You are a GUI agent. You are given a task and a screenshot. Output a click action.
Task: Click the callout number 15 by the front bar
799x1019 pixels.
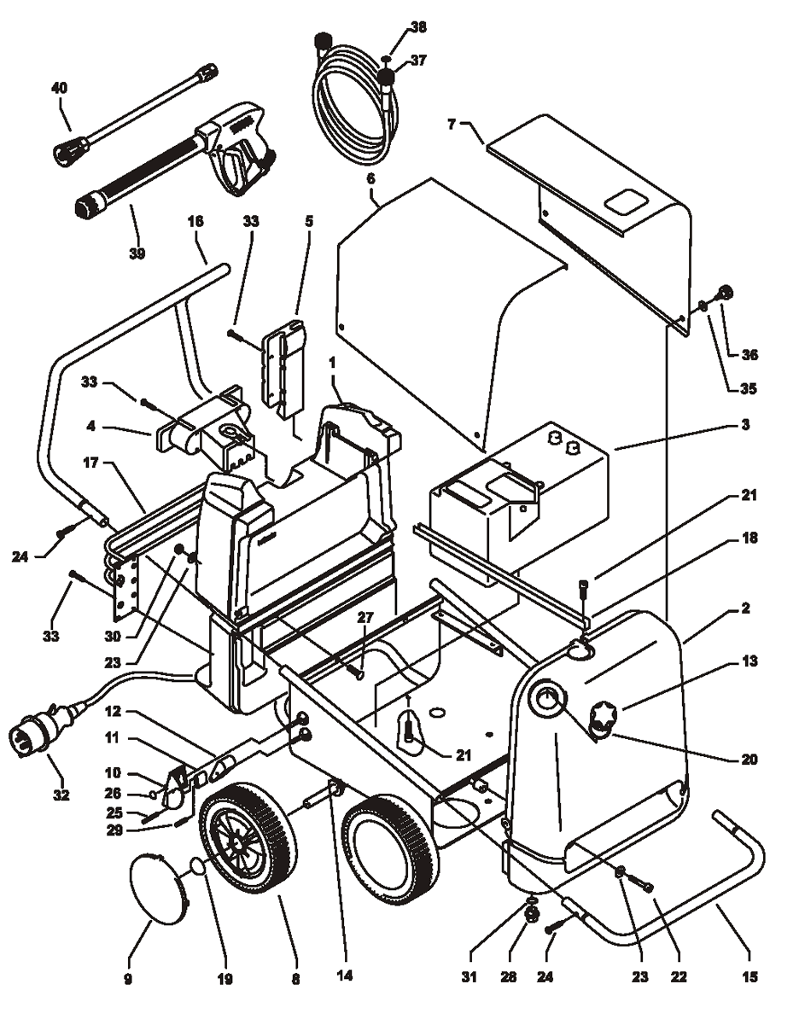749,976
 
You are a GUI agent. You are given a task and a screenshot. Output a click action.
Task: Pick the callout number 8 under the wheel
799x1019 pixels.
295,980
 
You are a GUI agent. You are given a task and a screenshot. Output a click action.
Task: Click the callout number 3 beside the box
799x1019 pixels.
744,424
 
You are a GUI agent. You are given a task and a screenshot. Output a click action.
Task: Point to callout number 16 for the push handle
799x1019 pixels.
195,219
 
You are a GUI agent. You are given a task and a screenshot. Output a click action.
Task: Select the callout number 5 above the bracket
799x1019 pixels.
309,220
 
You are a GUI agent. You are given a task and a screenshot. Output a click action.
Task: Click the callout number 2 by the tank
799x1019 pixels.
744,608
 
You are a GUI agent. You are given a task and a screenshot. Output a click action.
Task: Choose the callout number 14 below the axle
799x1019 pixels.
347,975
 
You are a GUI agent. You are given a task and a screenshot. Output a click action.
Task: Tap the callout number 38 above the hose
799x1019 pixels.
417,26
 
